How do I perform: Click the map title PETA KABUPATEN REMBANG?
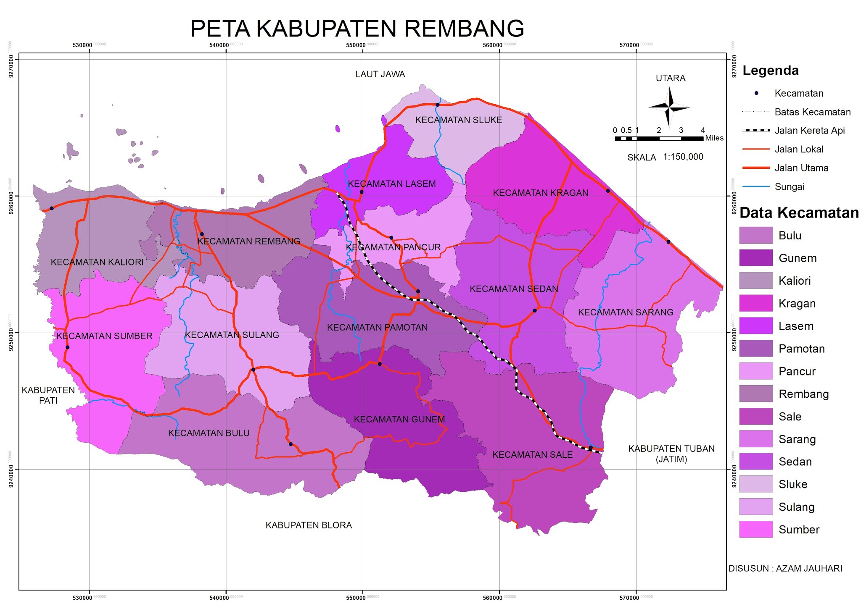pos(357,29)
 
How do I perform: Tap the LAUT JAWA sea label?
pos(380,74)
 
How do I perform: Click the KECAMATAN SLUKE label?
pos(458,120)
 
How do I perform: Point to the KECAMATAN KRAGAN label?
pos(540,193)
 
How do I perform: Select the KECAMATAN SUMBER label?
pos(104,336)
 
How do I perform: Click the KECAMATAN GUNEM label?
pos(399,419)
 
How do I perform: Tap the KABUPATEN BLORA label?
pos(309,525)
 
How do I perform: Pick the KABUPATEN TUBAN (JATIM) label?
pos(671,454)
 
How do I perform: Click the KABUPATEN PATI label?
pos(48,395)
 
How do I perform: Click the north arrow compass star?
pos(669,108)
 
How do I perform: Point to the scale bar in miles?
pos(659,138)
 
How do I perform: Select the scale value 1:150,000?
pos(683,157)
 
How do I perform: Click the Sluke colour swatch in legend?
pos(755,484)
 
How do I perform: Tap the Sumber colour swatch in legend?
pos(755,529)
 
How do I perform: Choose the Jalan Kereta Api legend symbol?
pos(756,131)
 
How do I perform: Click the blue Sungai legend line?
pos(756,186)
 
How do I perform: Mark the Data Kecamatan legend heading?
pos(799,213)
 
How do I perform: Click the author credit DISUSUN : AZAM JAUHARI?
pos(785,569)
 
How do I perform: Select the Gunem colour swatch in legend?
pos(755,258)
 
